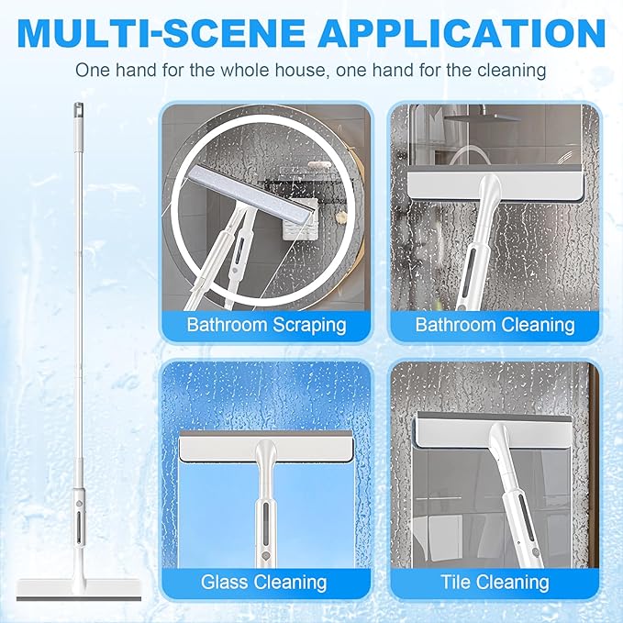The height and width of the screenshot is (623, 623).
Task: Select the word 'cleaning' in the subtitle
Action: coord(512,71)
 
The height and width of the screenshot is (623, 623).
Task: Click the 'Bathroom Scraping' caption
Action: coord(266,325)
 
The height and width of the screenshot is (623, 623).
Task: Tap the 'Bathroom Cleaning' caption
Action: coord(495,325)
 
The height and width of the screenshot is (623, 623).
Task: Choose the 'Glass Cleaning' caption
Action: coord(264,583)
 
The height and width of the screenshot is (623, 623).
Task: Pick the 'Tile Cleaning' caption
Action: coord(495,583)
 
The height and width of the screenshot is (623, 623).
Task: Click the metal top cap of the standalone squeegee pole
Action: coord(78,110)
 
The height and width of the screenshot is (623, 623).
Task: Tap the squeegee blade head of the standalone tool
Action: coord(79,591)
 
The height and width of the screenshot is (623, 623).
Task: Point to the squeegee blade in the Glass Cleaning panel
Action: coord(266,447)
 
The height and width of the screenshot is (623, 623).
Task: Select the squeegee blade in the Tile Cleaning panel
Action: coord(495,432)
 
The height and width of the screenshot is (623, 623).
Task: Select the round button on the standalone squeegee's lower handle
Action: coord(79,503)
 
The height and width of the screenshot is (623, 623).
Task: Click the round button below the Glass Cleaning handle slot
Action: coord(265,555)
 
